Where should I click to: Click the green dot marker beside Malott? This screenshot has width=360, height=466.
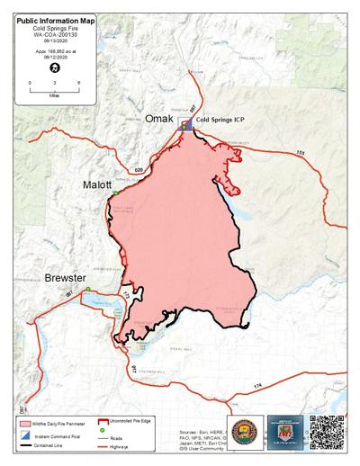tap(115, 193)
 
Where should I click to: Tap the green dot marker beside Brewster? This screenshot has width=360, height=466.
tap(88, 289)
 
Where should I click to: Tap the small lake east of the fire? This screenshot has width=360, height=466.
tap(240, 217)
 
